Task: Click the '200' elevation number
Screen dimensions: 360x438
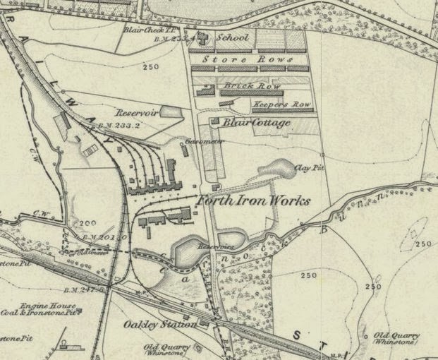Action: pos(88,222)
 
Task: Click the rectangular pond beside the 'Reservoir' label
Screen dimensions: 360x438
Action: pos(170,111)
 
